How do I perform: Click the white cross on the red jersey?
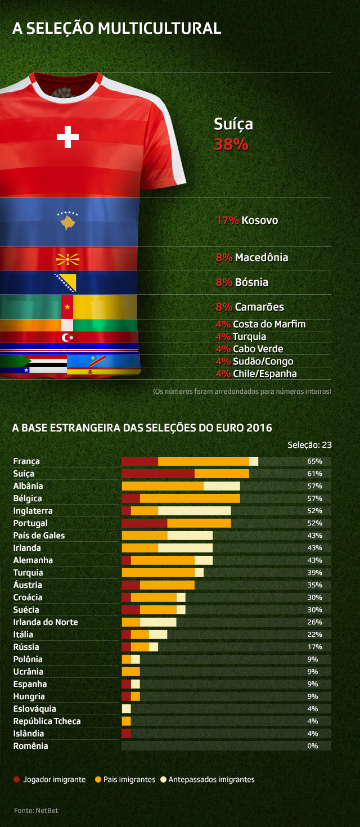pos(67,137)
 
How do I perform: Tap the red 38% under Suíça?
pos(231,144)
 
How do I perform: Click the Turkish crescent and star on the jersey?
pos(67,337)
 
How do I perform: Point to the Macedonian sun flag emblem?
pos(67,260)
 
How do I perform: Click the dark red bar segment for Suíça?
pos(158,474)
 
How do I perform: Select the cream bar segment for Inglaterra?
pos(194,511)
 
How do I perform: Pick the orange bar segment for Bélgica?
pos(190,498)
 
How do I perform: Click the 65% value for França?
pos(315,461)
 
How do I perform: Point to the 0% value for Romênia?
pos(313,746)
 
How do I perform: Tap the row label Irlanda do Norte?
pos(46,622)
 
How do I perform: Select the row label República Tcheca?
pos(47,721)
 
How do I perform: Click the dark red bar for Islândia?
pos(126,734)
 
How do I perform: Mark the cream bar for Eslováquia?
pos(126,709)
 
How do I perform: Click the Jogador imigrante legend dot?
pos(16,780)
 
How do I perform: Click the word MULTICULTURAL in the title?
pos(159,28)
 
